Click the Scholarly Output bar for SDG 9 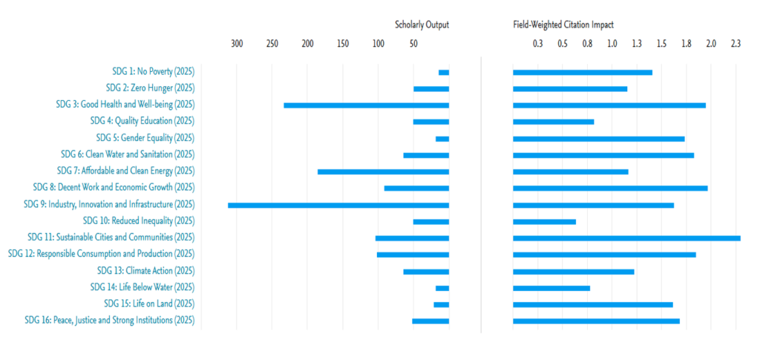338,205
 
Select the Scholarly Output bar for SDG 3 367,105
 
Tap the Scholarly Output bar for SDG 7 383,171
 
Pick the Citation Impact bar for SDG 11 626,238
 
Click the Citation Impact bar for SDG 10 544,221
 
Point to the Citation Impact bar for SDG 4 553,122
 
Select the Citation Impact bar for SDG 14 551,287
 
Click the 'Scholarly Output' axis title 422,24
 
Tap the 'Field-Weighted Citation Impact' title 563,24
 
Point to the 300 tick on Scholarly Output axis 237,44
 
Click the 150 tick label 343,44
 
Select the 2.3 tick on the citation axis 736,44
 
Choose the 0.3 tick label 538,44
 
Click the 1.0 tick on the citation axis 612,44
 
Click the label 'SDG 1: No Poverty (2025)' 153,72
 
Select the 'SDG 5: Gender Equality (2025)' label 145,138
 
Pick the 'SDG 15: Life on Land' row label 149,304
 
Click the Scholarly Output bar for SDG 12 413,255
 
